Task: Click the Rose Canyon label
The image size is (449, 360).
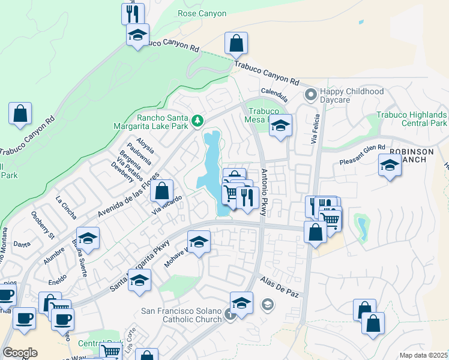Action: (x=202, y=13)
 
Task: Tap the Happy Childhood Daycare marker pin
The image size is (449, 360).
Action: (x=311, y=95)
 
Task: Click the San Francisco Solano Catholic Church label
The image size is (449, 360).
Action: (x=181, y=315)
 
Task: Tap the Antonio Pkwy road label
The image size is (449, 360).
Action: (x=264, y=192)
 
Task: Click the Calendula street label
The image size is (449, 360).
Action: (x=274, y=95)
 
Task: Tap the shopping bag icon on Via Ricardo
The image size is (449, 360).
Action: (x=161, y=192)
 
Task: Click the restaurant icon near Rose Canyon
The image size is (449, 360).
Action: (x=133, y=13)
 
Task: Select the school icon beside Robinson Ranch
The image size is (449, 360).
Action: (x=390, y=165)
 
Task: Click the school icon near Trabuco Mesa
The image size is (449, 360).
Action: (x=280, y=126)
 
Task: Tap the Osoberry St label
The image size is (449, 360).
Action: (x=43, y=223)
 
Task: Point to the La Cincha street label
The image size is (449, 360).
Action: (x=65, y=202)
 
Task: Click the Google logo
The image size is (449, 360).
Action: (x=20, y=353)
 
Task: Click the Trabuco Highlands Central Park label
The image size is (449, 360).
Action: (x=411, y=119)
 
